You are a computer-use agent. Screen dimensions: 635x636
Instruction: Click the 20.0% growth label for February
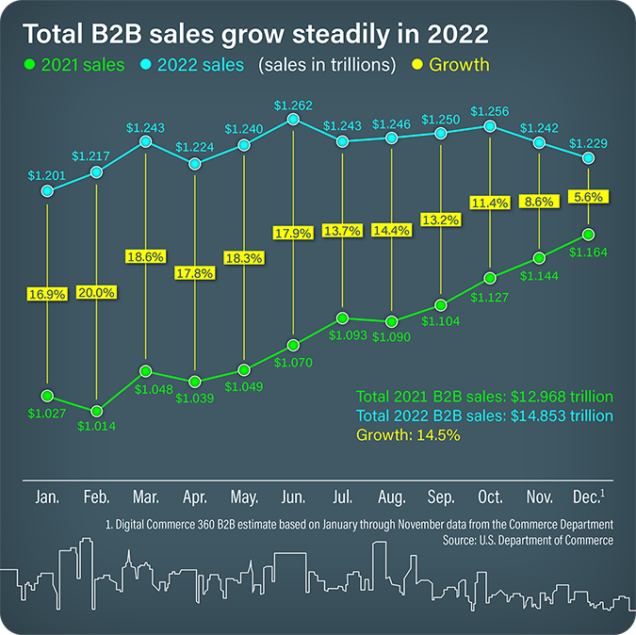(96, 292)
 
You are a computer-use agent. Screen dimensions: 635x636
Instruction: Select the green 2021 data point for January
(47, 396)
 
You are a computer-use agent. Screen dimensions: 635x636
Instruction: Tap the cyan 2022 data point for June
(293, 120)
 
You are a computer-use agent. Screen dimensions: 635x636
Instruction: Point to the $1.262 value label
(293, 105)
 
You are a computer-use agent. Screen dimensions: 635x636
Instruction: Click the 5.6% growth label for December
(589, 197)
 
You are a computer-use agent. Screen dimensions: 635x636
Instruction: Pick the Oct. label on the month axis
(490, 497)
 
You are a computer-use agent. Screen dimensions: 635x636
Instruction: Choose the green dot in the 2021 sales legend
(29, 66)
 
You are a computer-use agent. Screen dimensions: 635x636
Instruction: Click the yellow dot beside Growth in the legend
(416, 66)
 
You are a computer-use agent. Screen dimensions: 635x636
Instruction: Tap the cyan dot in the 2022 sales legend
(146, 66)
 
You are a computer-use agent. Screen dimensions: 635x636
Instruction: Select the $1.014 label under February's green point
(96, 427)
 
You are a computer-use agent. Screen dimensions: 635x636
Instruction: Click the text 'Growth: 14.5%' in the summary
(408, 435)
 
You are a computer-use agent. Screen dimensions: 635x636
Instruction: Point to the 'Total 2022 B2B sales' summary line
(483, 415)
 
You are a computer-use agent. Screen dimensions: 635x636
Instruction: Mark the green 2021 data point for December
(589, 235)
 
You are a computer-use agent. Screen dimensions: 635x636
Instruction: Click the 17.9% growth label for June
(293, 233)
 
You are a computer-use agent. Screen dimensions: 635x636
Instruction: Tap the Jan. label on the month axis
(47, 497)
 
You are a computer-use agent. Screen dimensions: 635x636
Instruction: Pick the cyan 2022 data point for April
(195, 164)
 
